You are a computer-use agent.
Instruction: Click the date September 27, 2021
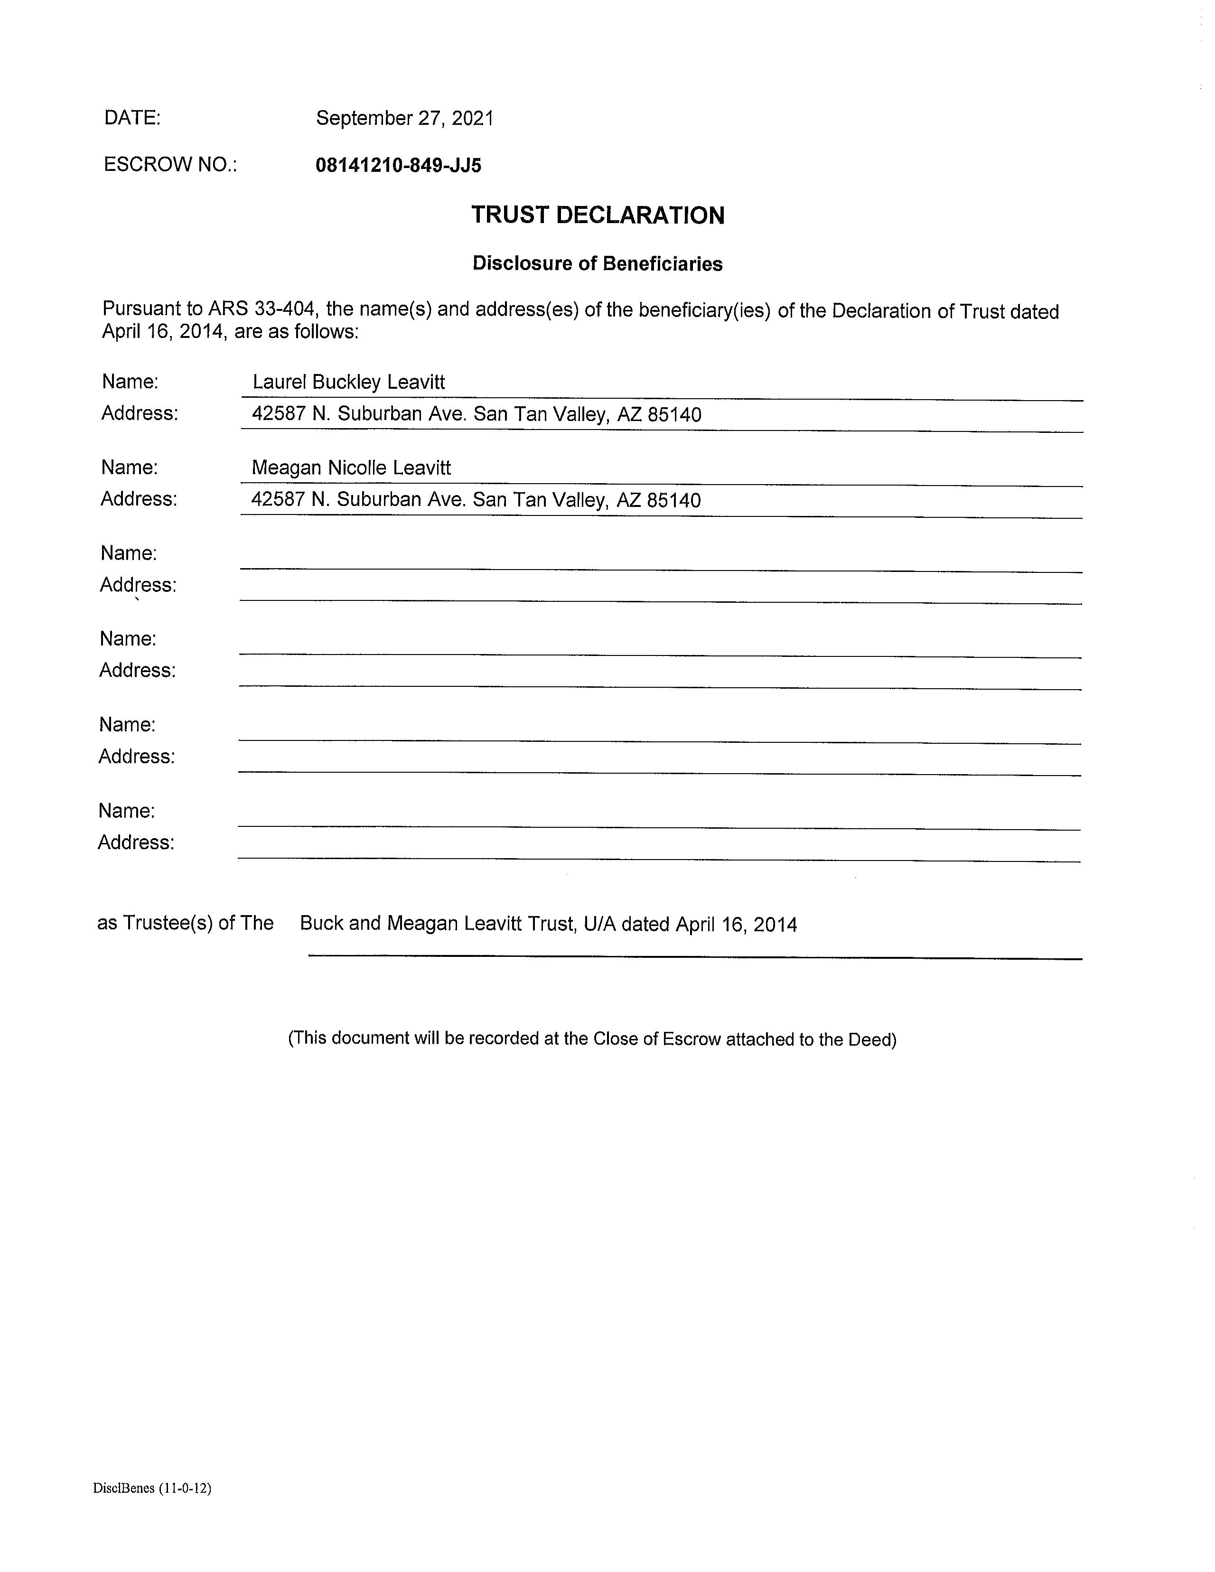click(x=404, y=118)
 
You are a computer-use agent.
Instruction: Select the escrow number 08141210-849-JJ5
click(x=398, y=166)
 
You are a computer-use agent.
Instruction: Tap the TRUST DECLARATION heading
click(x=598, y=215)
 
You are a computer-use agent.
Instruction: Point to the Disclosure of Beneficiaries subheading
click(x=598, y=263)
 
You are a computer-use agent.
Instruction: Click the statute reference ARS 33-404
click(x=262, y=309)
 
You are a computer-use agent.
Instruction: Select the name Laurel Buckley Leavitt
click(x=348, y=382)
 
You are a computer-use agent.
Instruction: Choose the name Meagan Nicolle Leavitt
click(x=351, y=468)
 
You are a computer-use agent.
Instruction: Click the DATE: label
click(x=132, y=117)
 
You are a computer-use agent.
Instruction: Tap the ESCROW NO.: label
click(x=170, y=165)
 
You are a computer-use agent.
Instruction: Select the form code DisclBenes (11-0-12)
click(x=152, y=1488)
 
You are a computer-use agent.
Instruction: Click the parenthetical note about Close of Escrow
click(x=592, y=1039)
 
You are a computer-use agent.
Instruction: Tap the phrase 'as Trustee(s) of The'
click(x=185, y=923)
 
